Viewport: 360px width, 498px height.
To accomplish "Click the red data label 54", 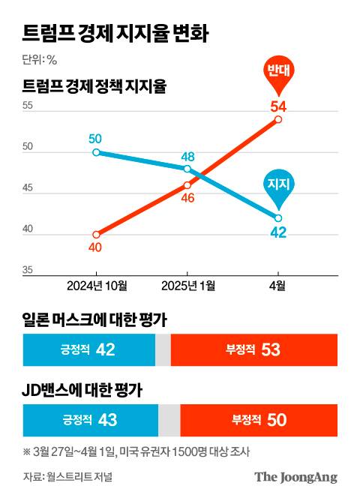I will [x=278, y=105].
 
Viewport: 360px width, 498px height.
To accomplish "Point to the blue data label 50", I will [x=95, y=138].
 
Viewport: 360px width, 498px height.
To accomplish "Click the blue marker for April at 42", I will [x=278, y=217].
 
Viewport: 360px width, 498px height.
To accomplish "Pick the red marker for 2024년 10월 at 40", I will [x=96, y=234].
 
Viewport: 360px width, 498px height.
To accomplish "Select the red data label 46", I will [x=187, y=198].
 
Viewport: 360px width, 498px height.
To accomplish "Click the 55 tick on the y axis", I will [x=28, y=106].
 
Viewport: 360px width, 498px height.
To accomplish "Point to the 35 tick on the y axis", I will [x=28, y=270].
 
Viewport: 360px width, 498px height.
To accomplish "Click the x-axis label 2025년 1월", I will [x=188, y=286].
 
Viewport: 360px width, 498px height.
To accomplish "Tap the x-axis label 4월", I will [x=278, y=286].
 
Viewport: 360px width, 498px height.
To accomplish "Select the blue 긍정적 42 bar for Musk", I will [x=88, y=349].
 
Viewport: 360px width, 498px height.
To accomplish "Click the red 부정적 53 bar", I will [x=253, y=349].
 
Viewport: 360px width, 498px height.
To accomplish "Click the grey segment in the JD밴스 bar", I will [x=169, y=419].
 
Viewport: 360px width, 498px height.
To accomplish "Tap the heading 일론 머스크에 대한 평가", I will [x=94, y=321].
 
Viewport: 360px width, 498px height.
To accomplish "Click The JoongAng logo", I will [x=295, y=477].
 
